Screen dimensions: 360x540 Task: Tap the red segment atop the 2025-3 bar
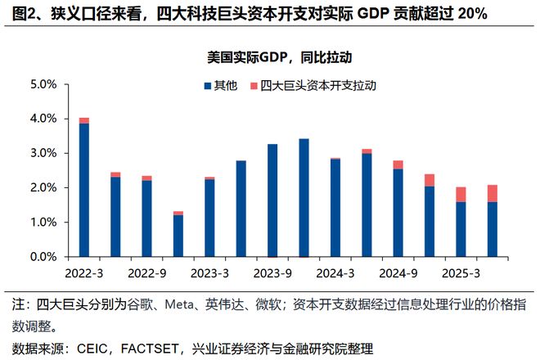(x=461, y=194)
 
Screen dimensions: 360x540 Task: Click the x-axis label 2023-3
(x=209, y=271)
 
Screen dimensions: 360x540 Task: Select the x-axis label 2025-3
(x=461, y=271)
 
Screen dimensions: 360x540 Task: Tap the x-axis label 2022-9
(x=146, y=271)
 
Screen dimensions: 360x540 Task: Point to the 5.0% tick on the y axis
(x=43, y=84)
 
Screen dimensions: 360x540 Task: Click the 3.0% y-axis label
(x=43, y=153)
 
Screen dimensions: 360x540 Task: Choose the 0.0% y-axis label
(x=43, y=257)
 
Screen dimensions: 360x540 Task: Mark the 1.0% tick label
(x=43, y=223)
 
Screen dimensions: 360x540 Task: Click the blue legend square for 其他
(x=207, y=85)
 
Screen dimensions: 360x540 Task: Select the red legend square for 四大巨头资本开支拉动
(x=254, y=85)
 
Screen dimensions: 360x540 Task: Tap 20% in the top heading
(x=472, y=15)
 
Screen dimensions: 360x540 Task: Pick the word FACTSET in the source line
(x=153, y=348)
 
